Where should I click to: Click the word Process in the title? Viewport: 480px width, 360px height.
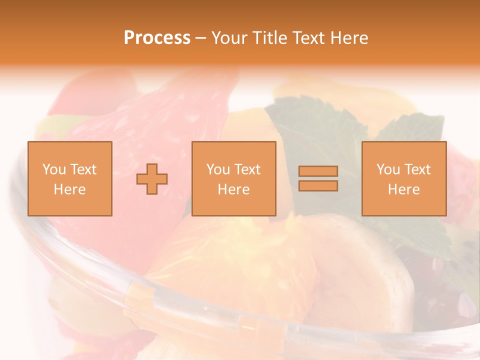tap(157, 38)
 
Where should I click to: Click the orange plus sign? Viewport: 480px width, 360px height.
tap(152, 178)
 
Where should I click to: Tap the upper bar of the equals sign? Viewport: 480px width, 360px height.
tap(318, 171)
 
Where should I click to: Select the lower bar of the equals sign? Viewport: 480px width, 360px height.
tap(318, 185)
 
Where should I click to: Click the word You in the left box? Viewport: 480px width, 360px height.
tap(53, 169)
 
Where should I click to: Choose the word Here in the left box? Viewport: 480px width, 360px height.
tap(69, 189)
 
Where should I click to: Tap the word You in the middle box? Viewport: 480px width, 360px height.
tap(217, 169)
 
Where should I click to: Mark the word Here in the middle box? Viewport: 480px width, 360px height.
tap(233, 189)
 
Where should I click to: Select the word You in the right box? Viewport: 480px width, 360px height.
tap(387, 169)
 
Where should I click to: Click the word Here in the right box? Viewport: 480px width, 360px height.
tap(403, 189)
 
